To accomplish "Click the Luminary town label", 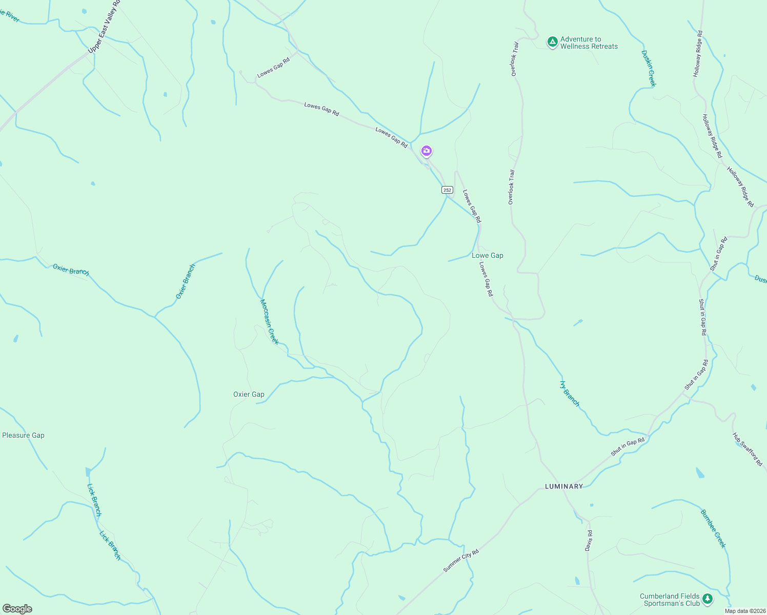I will [x=563, y=486].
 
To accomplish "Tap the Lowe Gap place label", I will [x=487, y=255].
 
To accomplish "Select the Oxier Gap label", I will [x=249, y=394].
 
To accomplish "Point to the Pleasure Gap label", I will [x=23, y=435].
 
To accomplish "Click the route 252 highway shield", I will [x=447, y=190].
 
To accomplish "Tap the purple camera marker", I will [x=426, y=151].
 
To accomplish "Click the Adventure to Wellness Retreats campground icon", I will [x=552, y=42].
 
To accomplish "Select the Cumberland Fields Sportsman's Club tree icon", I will [x=708, y=599].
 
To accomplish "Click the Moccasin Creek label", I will [x=269, y=322].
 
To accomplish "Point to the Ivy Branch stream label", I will [x=570, y=394].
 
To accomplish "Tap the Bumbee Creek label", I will [x=713, y=528].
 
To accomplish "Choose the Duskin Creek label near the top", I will [x=649, y=68].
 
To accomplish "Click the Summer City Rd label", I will [x=461, y=561].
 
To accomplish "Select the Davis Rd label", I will [x=589, y=541].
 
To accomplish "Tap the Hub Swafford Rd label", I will [x=748, y=449].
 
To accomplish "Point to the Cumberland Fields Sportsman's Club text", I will [x=670, y=600].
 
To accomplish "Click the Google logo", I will [x=17, y=609].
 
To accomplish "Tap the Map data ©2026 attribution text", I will [x=744, y=611].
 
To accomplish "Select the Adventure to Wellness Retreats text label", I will [x=589, y=43].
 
